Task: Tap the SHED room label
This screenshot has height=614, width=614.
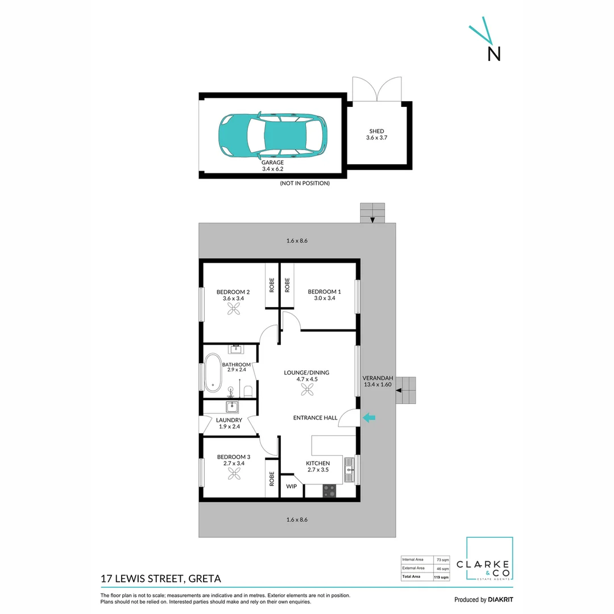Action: pos(376,131)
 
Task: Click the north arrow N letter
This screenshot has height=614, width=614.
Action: pos(494,53)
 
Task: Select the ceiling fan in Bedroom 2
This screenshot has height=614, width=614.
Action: pos(234,308)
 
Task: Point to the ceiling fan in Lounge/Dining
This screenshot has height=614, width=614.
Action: pos(307,389)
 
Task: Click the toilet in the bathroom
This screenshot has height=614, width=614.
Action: pos(248,391)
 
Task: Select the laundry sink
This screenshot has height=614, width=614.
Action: pos(232,406)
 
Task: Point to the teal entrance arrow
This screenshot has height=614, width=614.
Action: pos(369,418)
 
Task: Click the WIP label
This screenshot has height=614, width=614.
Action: pos(292,487)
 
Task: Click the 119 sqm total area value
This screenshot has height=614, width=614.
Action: pos(442,577)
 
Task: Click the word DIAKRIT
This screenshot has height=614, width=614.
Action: pos(500,599)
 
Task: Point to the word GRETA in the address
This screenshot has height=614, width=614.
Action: pos(204,579)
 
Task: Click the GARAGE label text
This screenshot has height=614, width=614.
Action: pos(273,162)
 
